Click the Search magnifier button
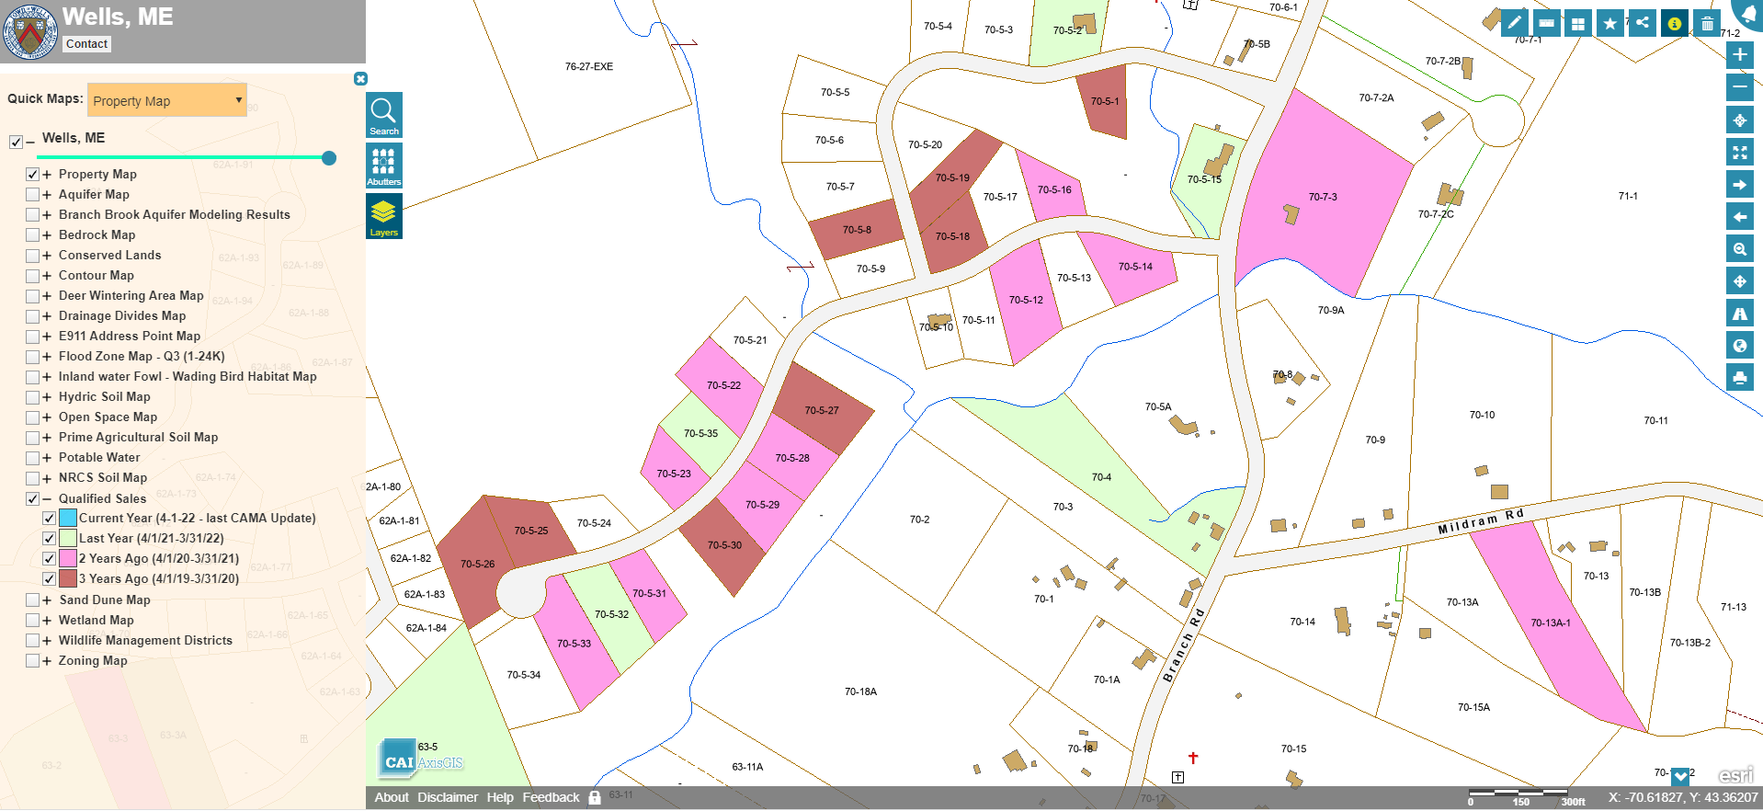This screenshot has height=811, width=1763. click(383, 115)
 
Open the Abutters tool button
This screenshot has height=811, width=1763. click(383, 166)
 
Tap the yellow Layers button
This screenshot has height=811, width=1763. click(383, 216)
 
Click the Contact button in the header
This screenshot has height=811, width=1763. click(87, 44)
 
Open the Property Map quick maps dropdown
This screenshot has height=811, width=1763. click(167, 100)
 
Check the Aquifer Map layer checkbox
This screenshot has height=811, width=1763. click(33, 195)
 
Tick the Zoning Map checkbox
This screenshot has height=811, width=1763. click(33, 661)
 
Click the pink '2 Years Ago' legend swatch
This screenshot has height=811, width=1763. click(68, 558)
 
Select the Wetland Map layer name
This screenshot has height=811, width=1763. click(96, 621)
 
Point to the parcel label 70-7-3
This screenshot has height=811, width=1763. click(1323, 197)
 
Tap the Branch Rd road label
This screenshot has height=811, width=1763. click(1183, 645)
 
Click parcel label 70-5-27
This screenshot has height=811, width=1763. click(822, 411)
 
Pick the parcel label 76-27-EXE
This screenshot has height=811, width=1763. click(589, 67)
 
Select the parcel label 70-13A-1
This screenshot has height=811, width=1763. click(1551, 623)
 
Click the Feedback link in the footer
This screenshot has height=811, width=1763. click(551, 797)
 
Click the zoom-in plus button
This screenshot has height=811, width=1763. click(1739, 55)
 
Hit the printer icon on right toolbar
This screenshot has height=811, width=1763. click(1739, 377)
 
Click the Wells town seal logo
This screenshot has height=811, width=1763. click(30, 32)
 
